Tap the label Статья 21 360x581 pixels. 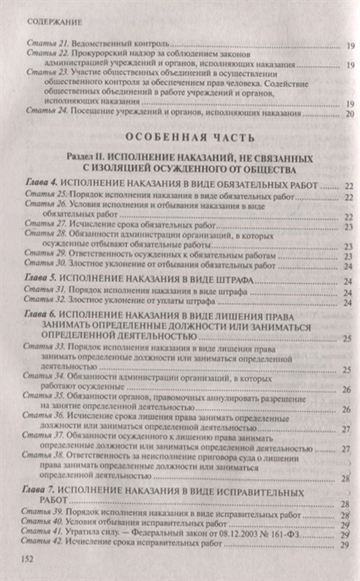click(x=45, y=44)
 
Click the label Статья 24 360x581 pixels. click(x=45, y=112)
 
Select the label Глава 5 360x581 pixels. click(x=41, y=280)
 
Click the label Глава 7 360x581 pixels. click(x=41, y=492)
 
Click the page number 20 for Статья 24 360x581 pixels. click(x=350, y=113)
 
